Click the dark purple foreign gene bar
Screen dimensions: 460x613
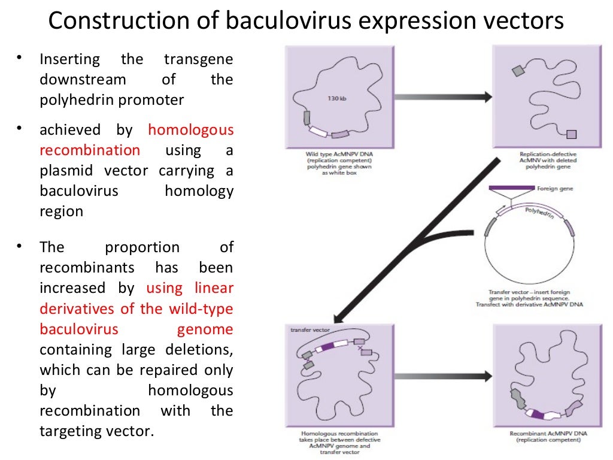coord(512,189)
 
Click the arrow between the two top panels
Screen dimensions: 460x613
coord(443,96)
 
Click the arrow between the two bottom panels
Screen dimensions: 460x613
coord(443,376)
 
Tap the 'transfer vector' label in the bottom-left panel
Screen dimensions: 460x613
coord(309,330)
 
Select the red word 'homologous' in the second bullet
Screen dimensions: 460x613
coord(190,130)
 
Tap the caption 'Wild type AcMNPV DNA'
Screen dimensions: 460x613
coord(338,155)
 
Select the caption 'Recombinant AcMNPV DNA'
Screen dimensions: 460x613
coord(544,432)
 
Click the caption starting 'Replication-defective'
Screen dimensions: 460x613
coord(544,155)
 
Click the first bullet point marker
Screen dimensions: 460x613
coord(20,58)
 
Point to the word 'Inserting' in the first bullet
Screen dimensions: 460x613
coord(69,60)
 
